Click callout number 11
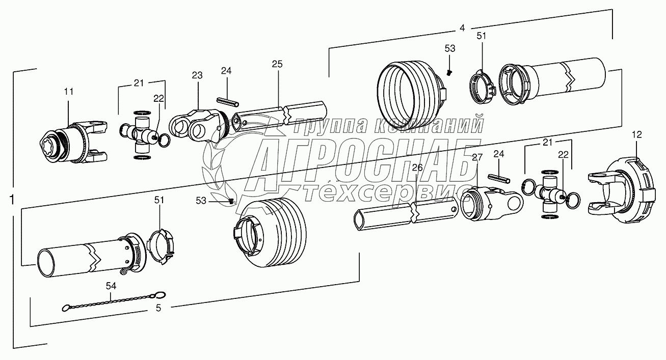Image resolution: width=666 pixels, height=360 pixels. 69,92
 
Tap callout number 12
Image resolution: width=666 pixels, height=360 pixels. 637,134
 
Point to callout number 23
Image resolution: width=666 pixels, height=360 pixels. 197,75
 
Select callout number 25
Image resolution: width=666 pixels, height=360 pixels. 277,64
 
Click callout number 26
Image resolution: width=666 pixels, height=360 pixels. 417,168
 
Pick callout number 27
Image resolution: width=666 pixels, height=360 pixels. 477,157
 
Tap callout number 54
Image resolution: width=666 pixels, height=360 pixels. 111,286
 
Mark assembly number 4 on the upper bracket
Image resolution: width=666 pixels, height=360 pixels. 462,28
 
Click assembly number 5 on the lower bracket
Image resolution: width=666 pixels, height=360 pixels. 158,308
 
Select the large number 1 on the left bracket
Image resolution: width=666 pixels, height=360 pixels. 12,200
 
